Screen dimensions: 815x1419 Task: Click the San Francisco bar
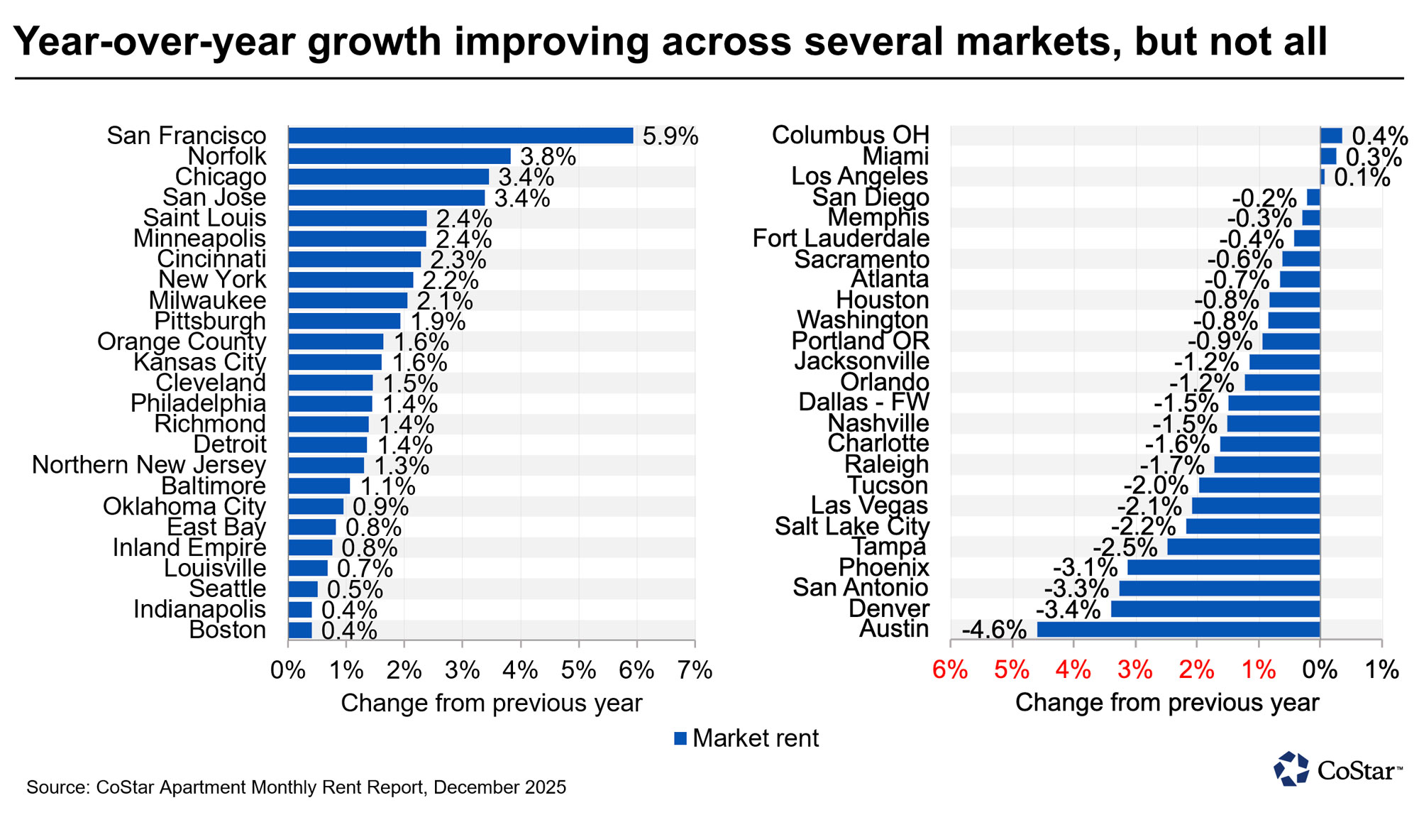pos(460,136)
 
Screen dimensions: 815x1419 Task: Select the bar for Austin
pos(1178,630)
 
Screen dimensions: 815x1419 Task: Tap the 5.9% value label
pos(670,136)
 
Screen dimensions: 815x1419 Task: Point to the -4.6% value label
pos(994,630)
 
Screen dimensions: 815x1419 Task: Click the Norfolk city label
pos(227,156)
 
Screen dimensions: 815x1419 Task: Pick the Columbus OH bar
pos(1331,136)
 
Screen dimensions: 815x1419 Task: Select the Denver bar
pos(1215,609)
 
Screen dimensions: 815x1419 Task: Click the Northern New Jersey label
pos(149,465)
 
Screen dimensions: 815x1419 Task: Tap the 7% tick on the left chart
pos(695,670)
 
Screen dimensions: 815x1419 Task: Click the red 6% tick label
pos(950,669)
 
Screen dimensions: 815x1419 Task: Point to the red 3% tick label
pos(1135,669)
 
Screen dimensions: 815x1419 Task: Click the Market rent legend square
pos(680,738)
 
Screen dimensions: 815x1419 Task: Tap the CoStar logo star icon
pos(1292,769)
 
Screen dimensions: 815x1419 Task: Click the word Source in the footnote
pos(57,787)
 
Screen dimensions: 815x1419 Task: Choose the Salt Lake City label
pos(851,527)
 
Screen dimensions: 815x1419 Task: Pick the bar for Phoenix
pos(1223,568)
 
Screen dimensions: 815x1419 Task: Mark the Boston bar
pos(300,630)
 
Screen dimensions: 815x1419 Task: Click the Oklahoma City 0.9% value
pos(380,507)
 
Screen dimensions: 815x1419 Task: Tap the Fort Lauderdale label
pos(841,239)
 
